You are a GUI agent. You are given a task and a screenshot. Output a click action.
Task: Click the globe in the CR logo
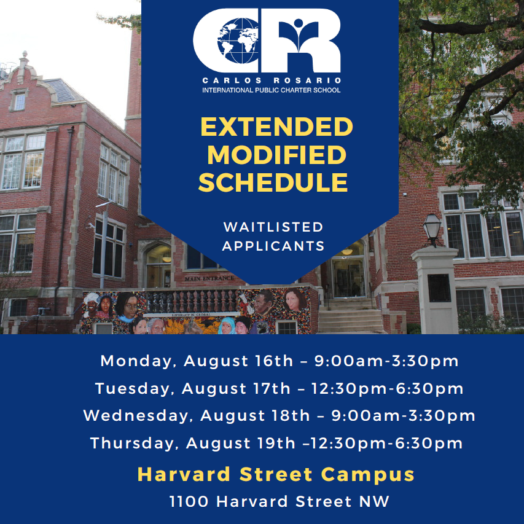pyautogui.click(x=238, y=41)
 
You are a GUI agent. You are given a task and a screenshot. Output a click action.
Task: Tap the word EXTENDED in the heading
pyautogui.click(x=276, y=127)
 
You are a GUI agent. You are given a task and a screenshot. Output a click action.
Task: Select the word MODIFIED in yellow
pyautogui.click(x=276, y=154)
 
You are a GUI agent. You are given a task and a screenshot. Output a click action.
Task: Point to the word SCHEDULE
pyautogui.click(x=273, y=182)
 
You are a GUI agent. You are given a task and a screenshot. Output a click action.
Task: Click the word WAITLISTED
pyautogui.click(x=273, y=227)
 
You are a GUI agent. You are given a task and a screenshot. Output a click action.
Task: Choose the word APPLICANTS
pyautogui.click(x=273, y=246)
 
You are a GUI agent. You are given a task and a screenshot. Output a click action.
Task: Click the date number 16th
pyautogui.click(x=274, y=361)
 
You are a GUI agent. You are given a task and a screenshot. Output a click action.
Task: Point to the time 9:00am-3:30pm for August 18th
pyautogui.click(x=403, y=416)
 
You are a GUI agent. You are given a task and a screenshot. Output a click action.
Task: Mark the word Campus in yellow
pyautogui.click(x=367, y=474)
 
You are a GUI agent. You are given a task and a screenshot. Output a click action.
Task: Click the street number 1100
pyautogui.click(x=189, y=501)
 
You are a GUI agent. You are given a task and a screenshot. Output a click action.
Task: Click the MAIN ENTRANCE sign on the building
pyautogui.click(x=209, y=278)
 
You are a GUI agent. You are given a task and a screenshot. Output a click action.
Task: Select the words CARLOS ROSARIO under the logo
pyautogui.click(x=272, y=80)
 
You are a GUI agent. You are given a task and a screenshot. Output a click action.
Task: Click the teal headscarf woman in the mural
pyautogui.click(x=227, y=326)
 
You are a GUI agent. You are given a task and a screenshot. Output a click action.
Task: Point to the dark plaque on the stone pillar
pyautogui.click(x=439, y=288)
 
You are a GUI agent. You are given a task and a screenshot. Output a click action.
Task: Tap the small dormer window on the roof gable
pyautogui.click(x=20, y=101)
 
